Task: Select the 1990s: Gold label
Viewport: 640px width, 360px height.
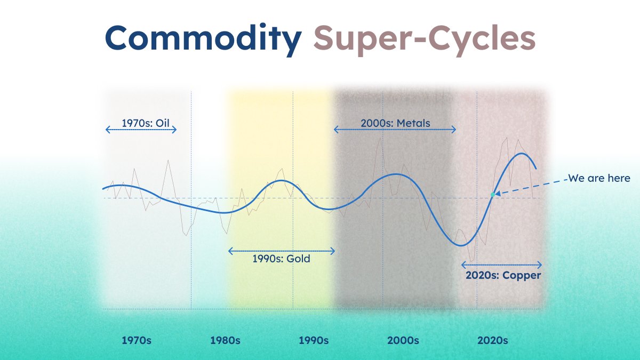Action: pyautogui.click(x=281, y=259)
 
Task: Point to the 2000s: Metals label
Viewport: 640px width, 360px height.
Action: pyautogui.click(x=395, y=123)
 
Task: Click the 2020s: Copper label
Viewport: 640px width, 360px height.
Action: pyautogui.click(x=503, y=276)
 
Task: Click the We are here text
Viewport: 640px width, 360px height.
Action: pyautogui.click(x=599, y=179)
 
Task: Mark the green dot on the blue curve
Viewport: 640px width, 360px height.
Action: pyautogui.click(x=492, y=195)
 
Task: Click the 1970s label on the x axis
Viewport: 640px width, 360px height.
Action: pyautogui.click(x=137, y=340)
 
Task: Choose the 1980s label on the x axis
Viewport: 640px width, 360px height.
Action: pyautogui.click(x=225, y=340)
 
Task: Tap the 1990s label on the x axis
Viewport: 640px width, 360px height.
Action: pyautogui.click(x=314, y=340)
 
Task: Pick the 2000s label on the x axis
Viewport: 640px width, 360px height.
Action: pyautogui.click(x=403, y=340)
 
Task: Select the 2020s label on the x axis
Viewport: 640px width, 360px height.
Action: pyautogui.click(x=492, y=340)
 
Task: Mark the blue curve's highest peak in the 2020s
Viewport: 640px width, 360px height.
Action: pyautogui.click(x=521, y=154)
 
